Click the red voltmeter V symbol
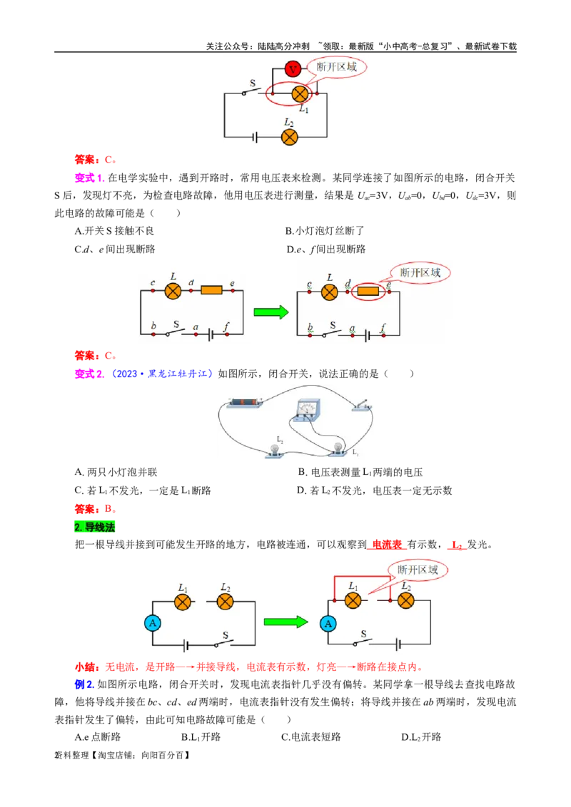(x=292, y=69)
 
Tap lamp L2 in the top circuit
(x=289, y=137)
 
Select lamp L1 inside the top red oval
(x=300, y=93)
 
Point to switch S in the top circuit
(x=249, y=91)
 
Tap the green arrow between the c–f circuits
(x=271, y=312)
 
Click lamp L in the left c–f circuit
(x=173, y=290)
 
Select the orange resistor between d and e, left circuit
(x=212, y=290)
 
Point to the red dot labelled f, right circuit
(x=384, y=334)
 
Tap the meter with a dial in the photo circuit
(x=306, y=412)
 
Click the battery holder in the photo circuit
(x=246, y=403)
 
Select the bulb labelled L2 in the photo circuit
(x=274, y=449)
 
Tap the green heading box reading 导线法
(x=94, y=528)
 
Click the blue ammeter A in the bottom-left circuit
(x=152, y=623)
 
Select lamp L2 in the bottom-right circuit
(x=406, y=601)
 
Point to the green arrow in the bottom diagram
(x=285, y=622)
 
